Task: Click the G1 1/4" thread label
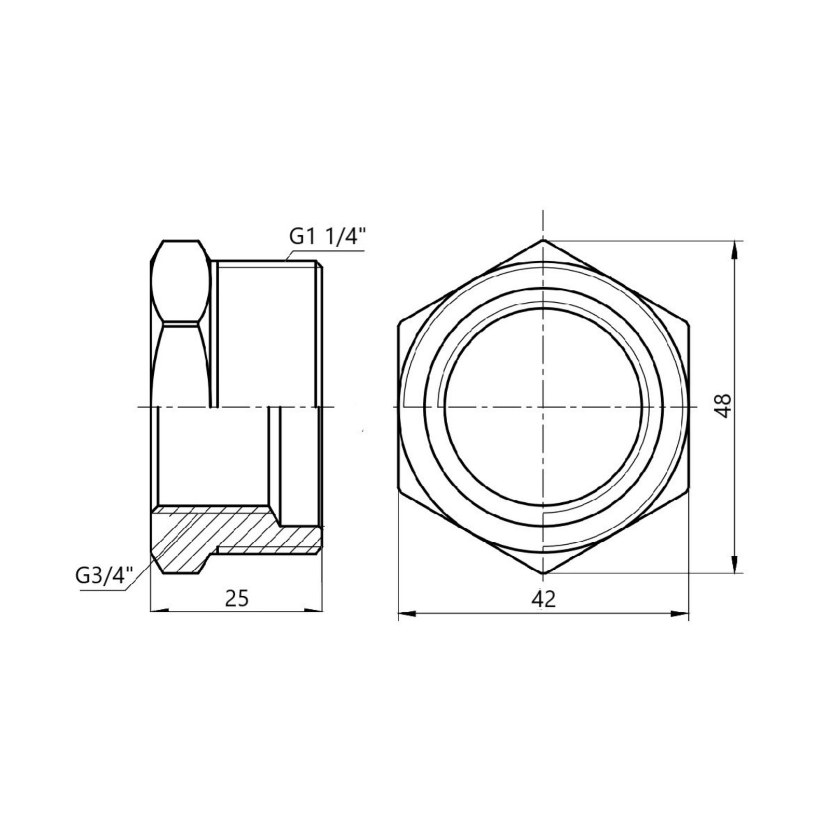[x=328, y=237]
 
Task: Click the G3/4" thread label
[x=103, y=577]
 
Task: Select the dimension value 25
[x=236, y=599]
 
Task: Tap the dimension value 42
[x=543, y=599]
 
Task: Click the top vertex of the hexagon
[x=543, y=240]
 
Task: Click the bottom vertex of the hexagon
[x=543, y=573]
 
